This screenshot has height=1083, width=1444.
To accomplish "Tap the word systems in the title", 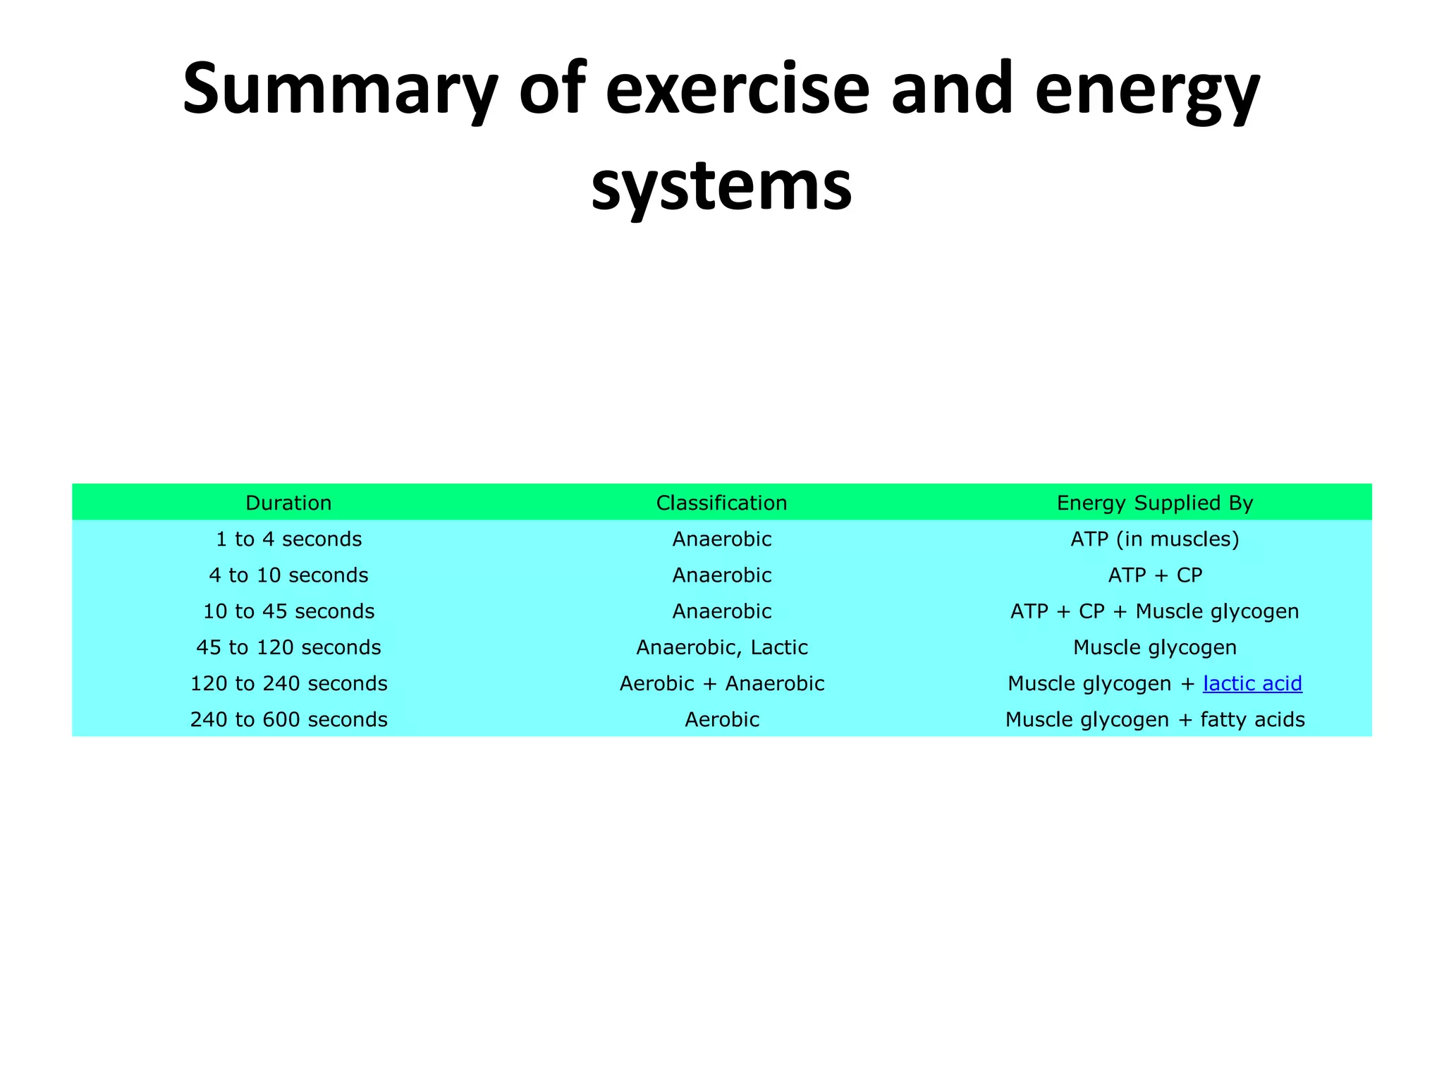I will pos(721,185).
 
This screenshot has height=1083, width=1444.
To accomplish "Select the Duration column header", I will pos(288,503).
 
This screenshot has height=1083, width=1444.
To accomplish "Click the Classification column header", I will pos(721,503).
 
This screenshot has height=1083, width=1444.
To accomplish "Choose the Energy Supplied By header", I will pos(1154,503).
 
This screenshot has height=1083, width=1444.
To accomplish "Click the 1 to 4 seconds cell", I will pos(288,539).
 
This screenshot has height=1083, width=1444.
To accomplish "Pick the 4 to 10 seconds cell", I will pos(288,575).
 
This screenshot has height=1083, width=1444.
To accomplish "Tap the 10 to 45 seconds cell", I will pos(288,611).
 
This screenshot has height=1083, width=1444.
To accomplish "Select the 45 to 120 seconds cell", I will pos(288,647).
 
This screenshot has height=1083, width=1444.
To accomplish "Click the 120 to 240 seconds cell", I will pos(288,683).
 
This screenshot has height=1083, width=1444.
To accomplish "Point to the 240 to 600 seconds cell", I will pos(288,719).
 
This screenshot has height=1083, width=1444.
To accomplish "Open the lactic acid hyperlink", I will pos(1252,683).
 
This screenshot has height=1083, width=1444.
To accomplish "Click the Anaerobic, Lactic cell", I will pos(721,647).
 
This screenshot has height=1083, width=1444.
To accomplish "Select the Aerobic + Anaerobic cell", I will pos(721,683).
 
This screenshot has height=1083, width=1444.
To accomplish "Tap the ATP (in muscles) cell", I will pos(1154,539).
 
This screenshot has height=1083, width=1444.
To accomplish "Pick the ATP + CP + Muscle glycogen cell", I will pos(1154,611).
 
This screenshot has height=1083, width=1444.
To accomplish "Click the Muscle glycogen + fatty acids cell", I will pos(1154,719).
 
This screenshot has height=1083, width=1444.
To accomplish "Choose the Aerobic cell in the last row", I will pos(721,719).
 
